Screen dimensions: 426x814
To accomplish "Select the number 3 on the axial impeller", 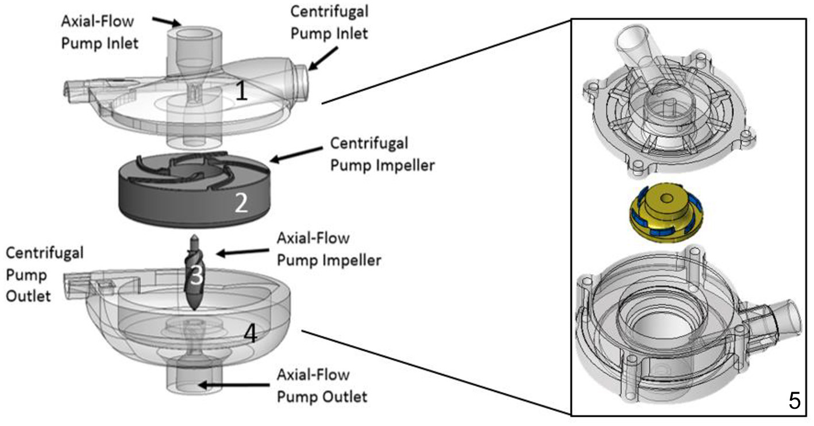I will (196, 277).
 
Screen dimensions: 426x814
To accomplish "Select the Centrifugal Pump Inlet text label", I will (329, 23).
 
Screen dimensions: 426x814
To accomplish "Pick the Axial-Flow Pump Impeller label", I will (329, 248).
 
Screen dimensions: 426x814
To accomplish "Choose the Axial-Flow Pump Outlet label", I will (321, 385).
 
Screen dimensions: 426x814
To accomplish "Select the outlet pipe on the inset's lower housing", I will (782, 317).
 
